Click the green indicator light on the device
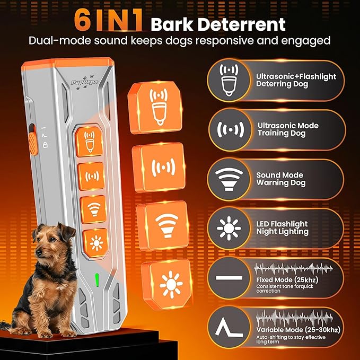click(96, 278)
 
